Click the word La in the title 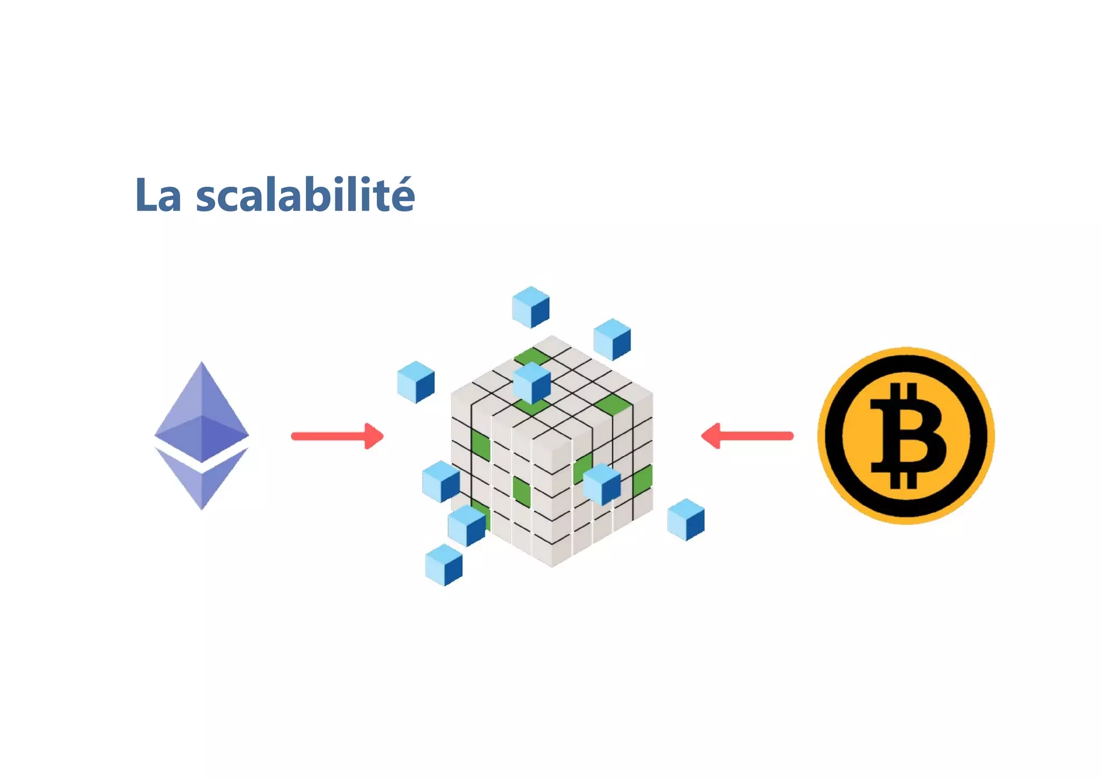click(158, 195)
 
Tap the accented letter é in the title click(401, 195)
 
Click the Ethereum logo click(202, 435)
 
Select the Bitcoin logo click(906, 435)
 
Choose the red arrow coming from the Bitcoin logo click(747, 436)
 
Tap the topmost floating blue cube click(531, 307)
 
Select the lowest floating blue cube click(444, 565)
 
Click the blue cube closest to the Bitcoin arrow click(685, 519)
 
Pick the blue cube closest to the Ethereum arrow click(416, 382)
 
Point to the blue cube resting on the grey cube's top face click(532, 383)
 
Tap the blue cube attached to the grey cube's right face click(602, 484)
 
